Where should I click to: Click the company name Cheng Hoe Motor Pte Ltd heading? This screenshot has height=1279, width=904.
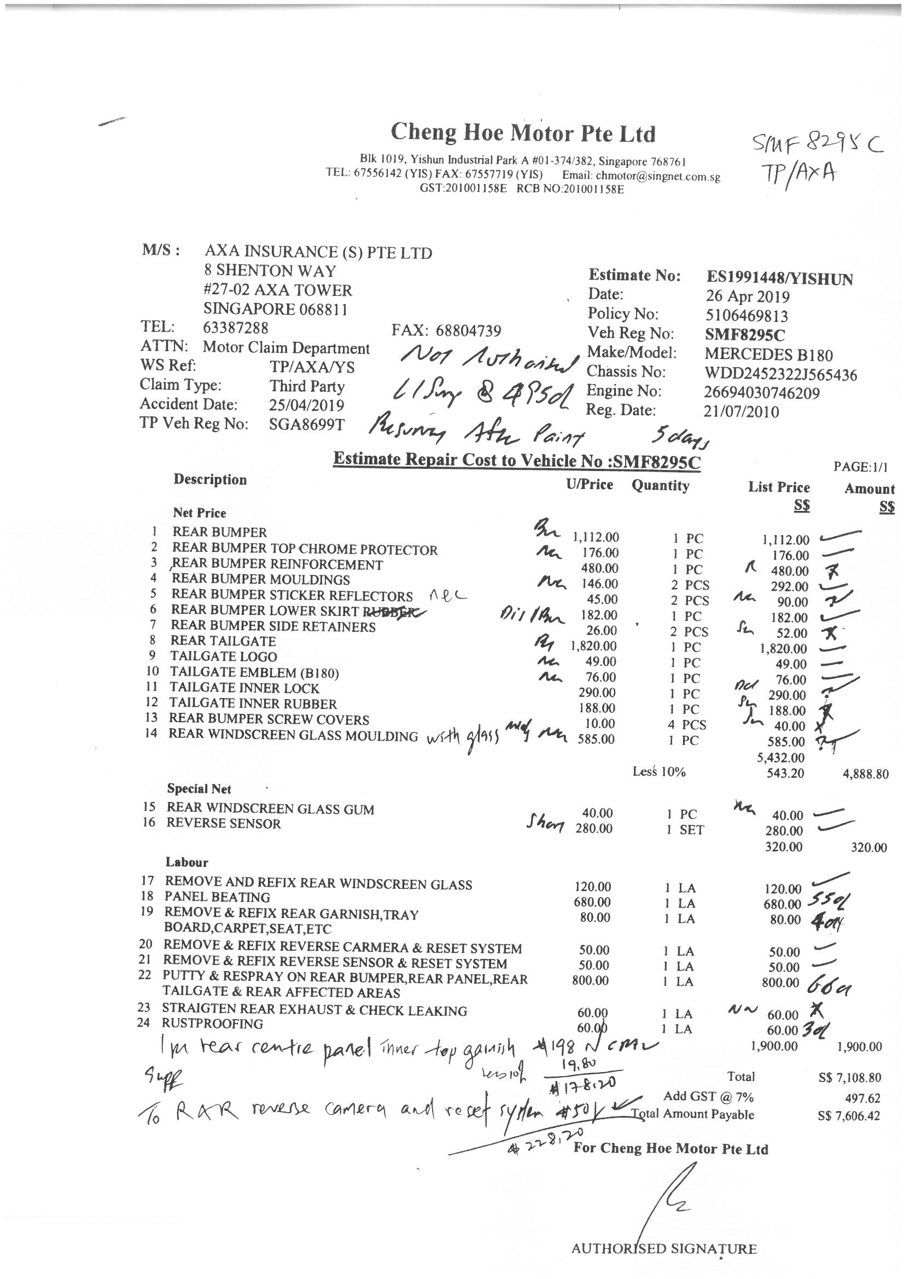523,133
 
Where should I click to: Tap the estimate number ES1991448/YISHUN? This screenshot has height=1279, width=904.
779,278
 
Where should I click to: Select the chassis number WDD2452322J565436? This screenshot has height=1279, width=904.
780,374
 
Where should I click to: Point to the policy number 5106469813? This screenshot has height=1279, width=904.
746,316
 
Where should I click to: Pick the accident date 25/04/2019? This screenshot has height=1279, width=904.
306,405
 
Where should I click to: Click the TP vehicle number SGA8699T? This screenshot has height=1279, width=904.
307,425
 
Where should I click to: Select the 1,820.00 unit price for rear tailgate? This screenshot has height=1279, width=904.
594,646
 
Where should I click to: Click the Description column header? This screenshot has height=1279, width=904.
210,480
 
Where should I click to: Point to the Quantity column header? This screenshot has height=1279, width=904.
660,486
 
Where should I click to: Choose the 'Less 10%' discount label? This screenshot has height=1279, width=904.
658,772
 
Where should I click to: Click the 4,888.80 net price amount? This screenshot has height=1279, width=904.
865,774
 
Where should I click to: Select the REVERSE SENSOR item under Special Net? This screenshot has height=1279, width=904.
223,824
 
